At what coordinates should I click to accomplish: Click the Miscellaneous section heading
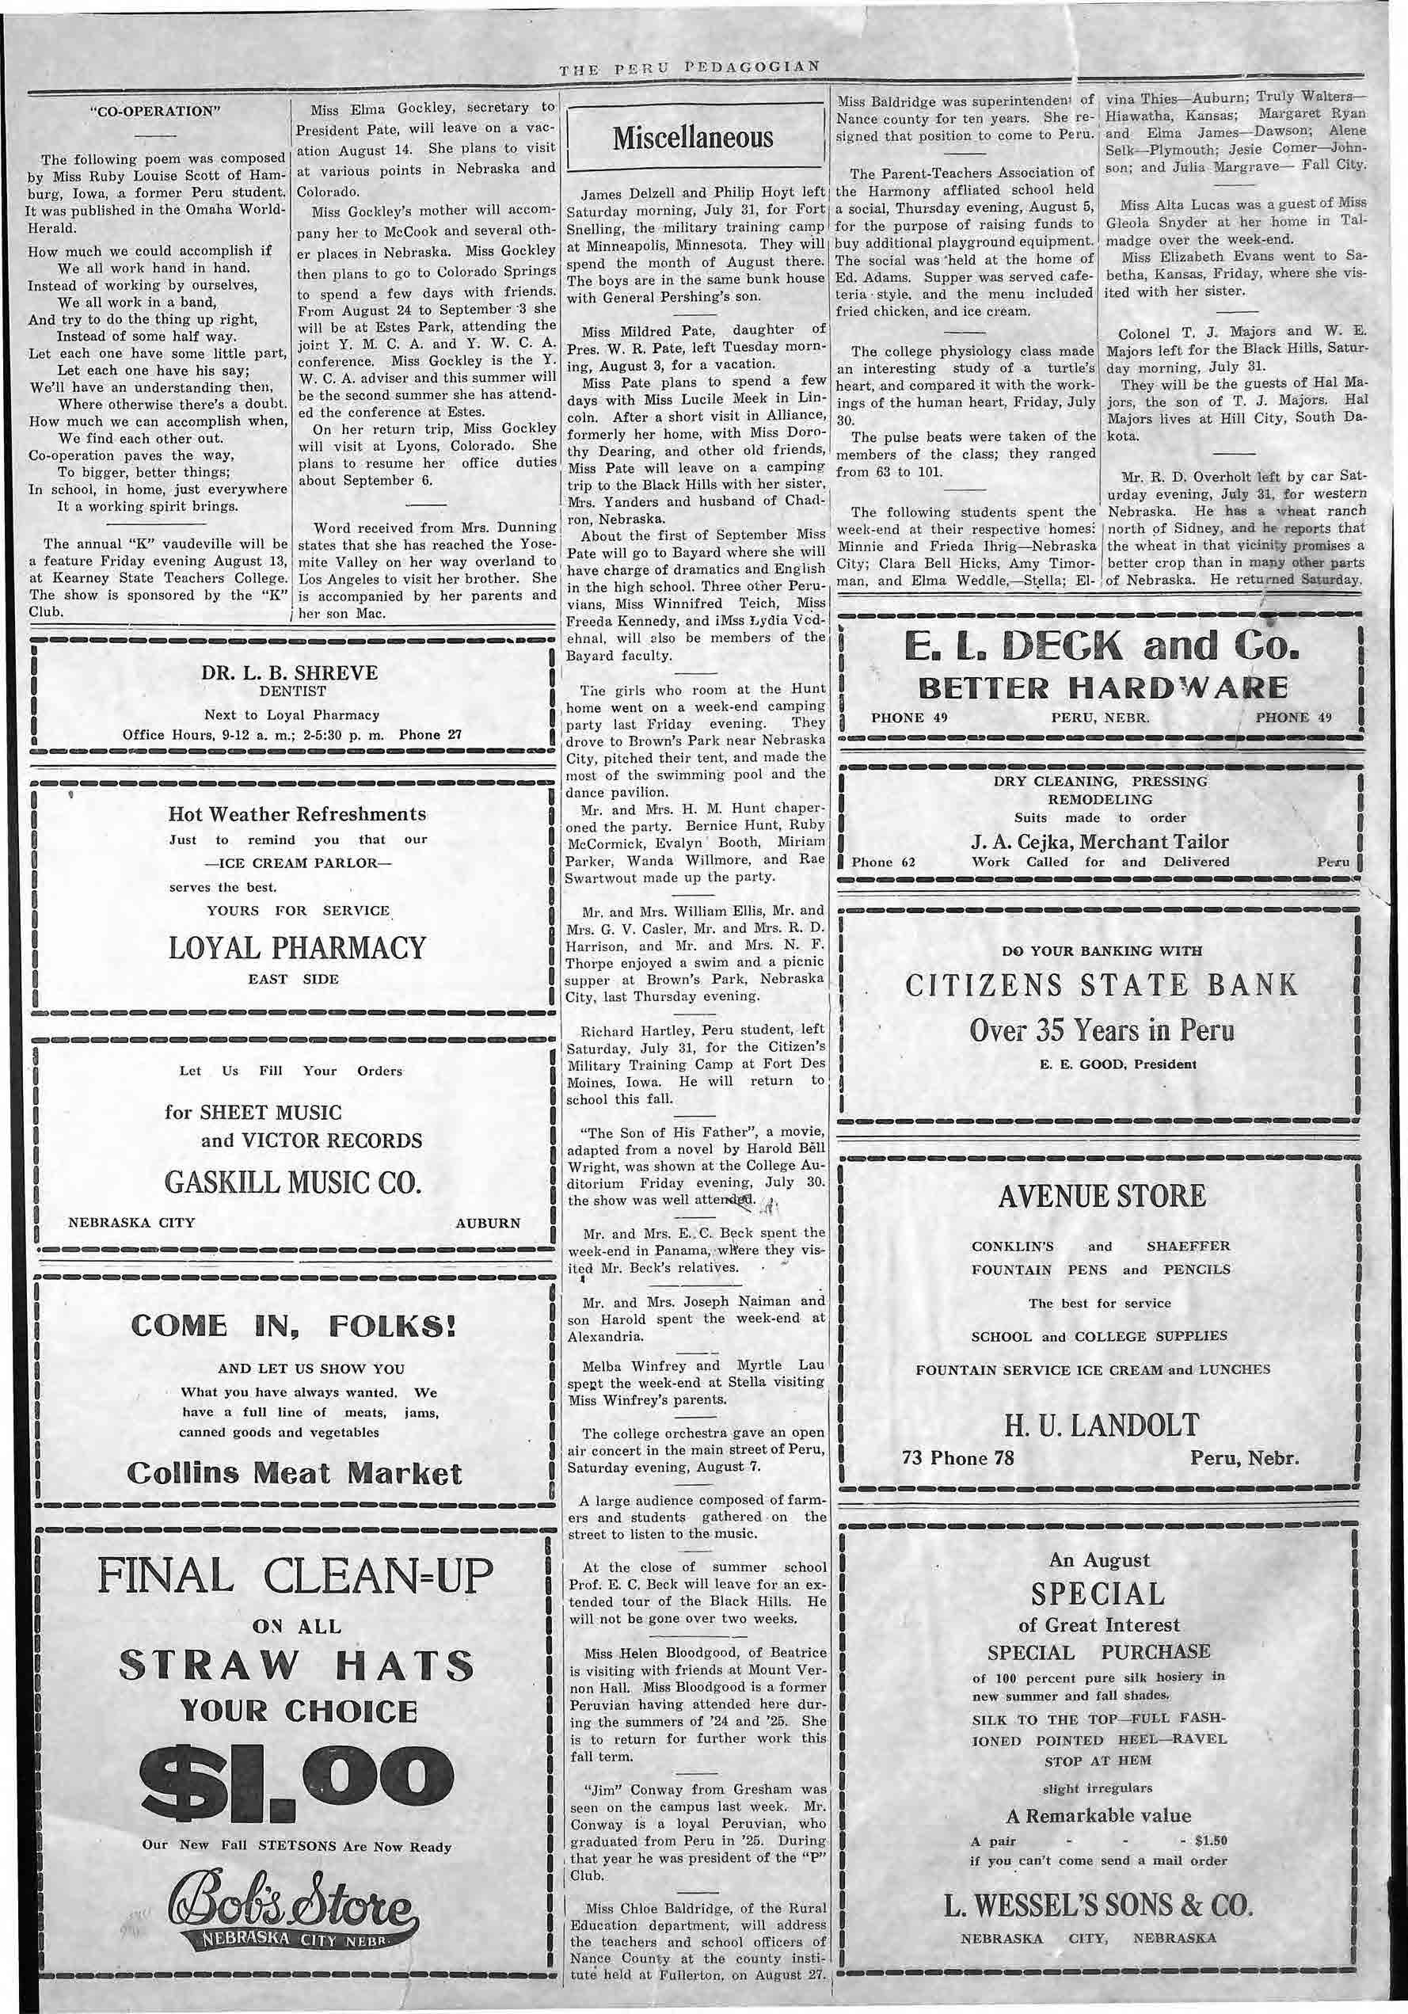tap(693, 139)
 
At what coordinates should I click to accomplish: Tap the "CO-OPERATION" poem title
tap(154, 112)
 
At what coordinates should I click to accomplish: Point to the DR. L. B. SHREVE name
tap(291, 673)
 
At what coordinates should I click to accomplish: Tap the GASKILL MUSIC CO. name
tap(293, 1182)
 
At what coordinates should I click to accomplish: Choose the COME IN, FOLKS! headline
tap(293, 1326)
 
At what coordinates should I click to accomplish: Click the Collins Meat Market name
tap(294, 1474)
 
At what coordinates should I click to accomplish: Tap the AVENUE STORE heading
tap(1102, 1196)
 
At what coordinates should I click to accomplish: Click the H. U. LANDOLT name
tap(1101, 1426)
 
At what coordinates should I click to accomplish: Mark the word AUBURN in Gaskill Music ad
tap(488, 1223)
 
